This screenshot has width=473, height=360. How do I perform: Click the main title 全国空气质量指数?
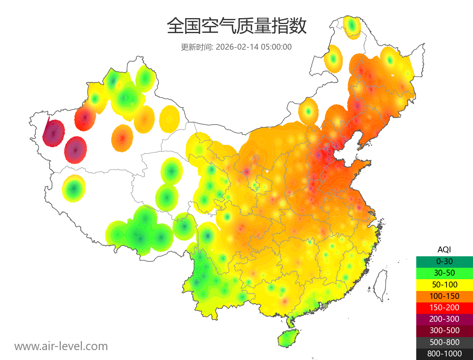pyautogui.click(x=236, y=27)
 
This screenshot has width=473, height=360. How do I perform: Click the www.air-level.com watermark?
pyautogui.click(x=61, y=346)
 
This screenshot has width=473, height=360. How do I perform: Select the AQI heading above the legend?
pyautogui.click(x=444, y=249)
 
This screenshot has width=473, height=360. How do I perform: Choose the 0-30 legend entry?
pyautogui.click(x=444, y=261)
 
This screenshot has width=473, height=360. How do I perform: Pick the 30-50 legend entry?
pyautogui.click(x=444, y=272)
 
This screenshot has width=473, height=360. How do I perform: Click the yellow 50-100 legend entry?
pyautogui.click(x=444, y=284)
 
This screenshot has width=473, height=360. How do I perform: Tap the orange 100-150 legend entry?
pyautogui.click(x=444, y=296)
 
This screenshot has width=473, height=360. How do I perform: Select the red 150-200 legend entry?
pyautogui.click(x=444, y=307)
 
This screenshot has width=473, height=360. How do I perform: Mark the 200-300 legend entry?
pyautogui.click(x=444, y=319)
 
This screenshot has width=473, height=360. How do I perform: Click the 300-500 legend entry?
pyautogui.click(x=444, y=330)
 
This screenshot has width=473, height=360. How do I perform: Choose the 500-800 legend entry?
pyautogui.click(x=444, y=342)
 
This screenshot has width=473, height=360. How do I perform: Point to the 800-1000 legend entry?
pyautogui.click(x=444, y=354)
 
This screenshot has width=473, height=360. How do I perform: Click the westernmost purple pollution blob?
pyautogui.click(x=54, y=133)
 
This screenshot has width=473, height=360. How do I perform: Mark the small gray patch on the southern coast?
pyautogui.click(x=325, y=306)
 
